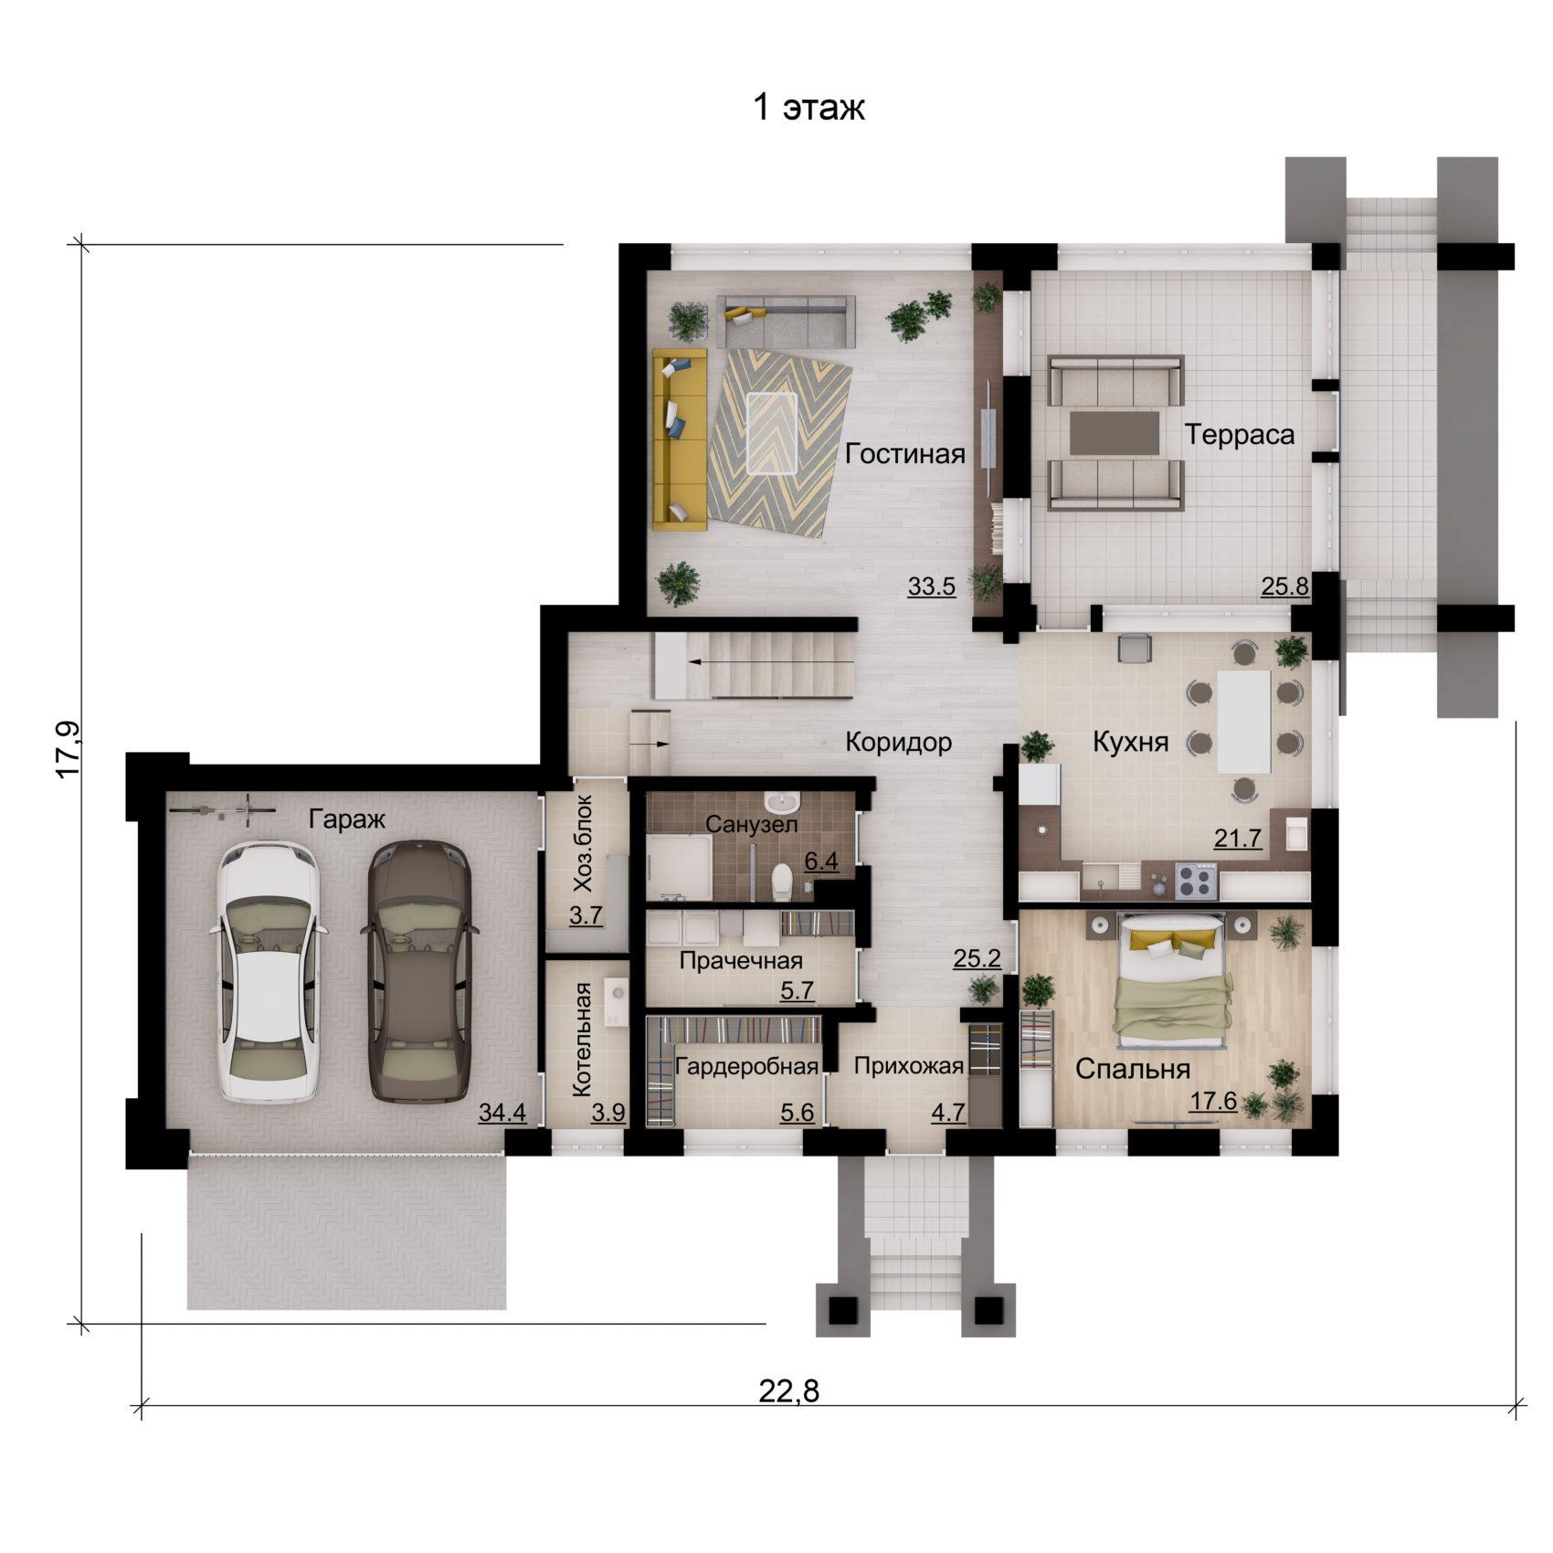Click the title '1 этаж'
808,108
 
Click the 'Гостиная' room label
904,454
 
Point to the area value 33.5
931,586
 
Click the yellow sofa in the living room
680,438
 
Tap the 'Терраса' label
1239,435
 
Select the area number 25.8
1284,586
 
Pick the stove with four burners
1195,882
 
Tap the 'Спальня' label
1132,1070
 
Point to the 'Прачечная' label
741,961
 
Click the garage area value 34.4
502,1113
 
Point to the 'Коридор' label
898,742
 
